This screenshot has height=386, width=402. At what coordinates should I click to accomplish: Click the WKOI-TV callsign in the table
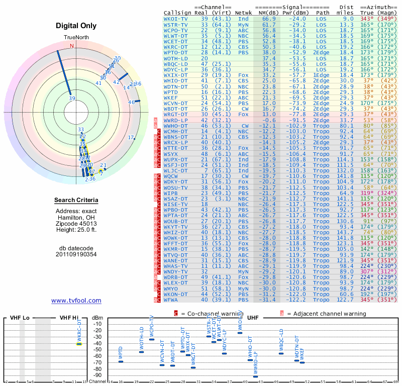coord(176,19)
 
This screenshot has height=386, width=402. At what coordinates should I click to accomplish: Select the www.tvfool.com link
coord(76,301)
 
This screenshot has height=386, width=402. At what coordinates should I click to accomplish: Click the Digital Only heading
coord(76,26)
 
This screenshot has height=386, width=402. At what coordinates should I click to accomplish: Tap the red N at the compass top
coord(72,46)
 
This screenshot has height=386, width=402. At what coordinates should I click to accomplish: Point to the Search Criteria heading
coord(76,201)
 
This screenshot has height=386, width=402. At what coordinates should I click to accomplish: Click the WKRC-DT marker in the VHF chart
coord(79,344)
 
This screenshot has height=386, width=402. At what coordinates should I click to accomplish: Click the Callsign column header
coord(177,13)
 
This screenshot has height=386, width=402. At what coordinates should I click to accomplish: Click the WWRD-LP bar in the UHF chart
coord(255,376)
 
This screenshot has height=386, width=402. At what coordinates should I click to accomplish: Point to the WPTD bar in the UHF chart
coord(120,361)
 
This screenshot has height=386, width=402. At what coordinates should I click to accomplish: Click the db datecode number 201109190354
coord(76,254)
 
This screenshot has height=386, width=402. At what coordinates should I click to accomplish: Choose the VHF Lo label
coord(19,318)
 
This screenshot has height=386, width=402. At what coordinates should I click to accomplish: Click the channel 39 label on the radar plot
coord(72,99)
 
